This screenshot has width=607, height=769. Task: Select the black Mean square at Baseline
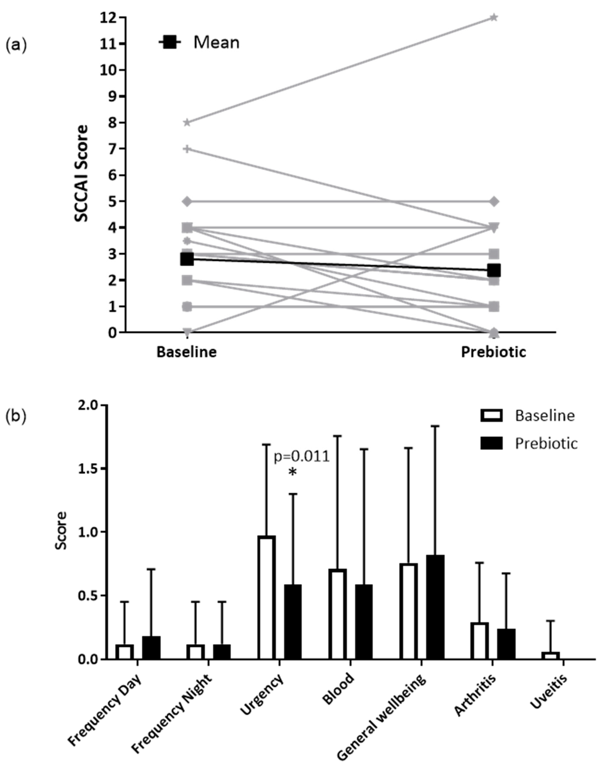coord(187,259)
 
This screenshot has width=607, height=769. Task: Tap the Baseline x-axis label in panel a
coord(187,352)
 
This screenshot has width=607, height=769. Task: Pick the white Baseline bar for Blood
coord(337,614)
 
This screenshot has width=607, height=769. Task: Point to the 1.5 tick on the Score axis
coord(89,469)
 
